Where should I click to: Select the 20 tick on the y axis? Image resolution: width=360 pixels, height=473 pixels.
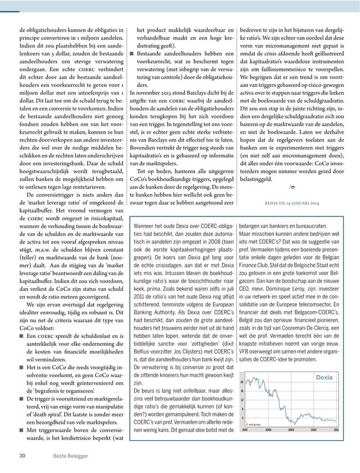coord(242,382)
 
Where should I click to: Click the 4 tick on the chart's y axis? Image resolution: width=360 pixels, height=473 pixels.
coord(242,417)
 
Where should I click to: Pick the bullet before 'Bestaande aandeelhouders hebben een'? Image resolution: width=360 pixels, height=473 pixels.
coord(132,53)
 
